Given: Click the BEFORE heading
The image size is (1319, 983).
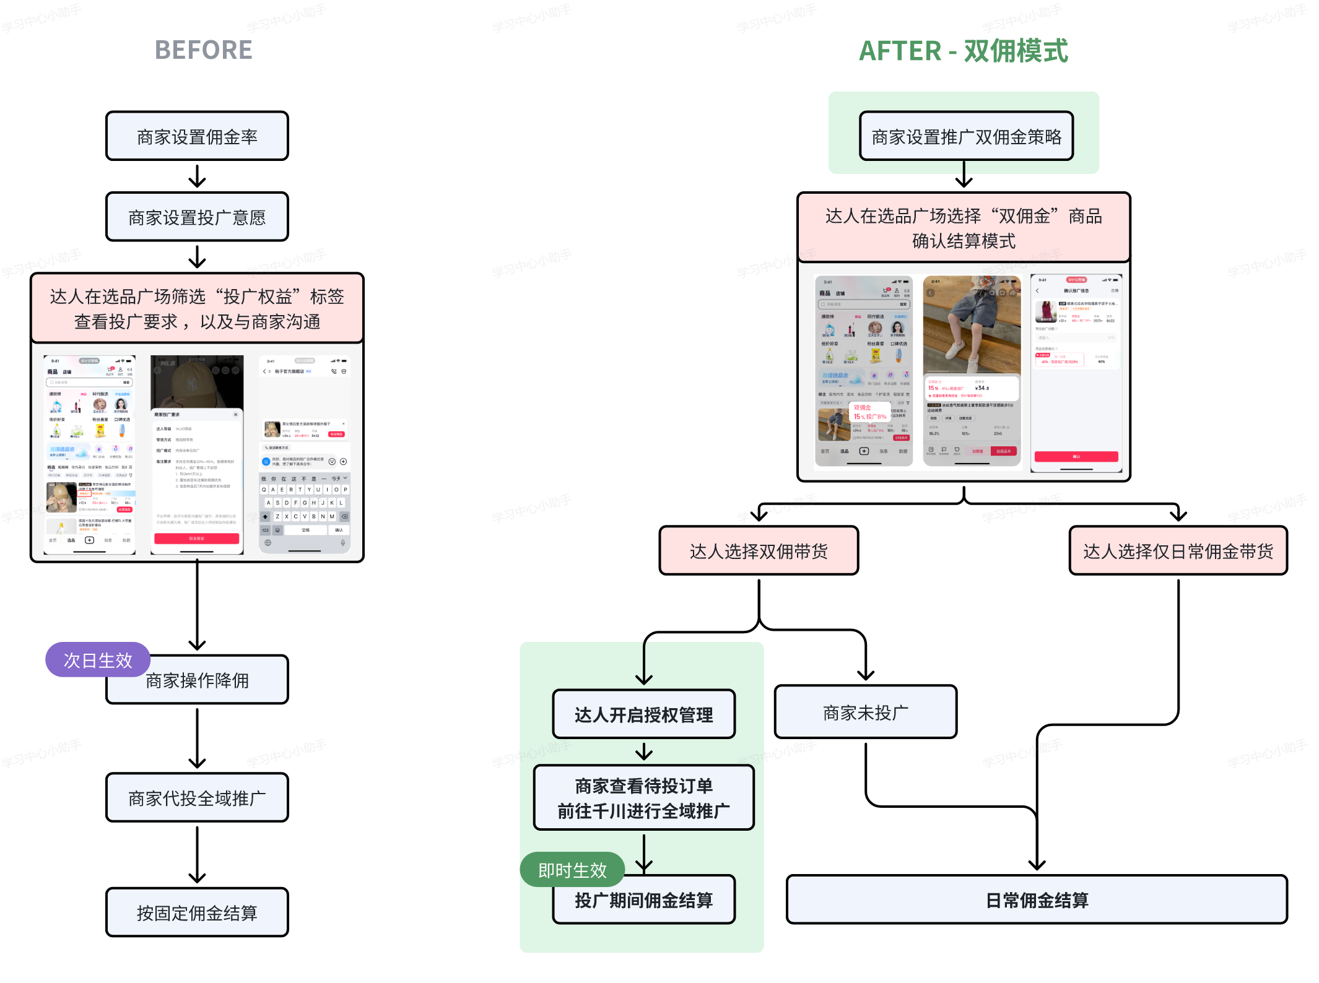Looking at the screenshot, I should (x=203, y=50).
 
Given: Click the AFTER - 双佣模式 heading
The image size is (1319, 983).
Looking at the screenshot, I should (x=963, y=51).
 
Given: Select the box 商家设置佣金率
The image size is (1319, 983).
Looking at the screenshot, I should (x=197, y=136).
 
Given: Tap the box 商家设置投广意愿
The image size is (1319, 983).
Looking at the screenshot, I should (x=197, y=217).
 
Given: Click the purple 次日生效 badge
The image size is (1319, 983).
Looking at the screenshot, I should (x=98, y=660).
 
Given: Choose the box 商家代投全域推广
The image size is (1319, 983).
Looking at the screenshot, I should (x=197, y=798).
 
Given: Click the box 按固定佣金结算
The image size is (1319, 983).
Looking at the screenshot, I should (x=197, y=912).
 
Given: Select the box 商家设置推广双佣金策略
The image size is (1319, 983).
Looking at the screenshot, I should (x=966, y=136).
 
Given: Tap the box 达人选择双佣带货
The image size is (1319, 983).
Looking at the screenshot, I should (x=759, y=551).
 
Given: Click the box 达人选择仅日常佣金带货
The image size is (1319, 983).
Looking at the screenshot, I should (x=1178, y=551).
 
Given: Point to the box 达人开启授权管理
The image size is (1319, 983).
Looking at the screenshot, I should (x=643, y=714).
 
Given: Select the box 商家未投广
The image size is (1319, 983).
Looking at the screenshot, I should (x=865, y=712).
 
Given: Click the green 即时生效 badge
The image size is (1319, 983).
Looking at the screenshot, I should (x=572, y=870).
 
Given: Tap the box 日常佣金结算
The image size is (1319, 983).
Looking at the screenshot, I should (x=1037, y=900).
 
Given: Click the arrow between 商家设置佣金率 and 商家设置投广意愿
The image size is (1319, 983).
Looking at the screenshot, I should (x=197, y=176).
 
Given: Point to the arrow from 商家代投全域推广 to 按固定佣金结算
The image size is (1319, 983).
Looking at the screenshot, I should (x=197, y=854).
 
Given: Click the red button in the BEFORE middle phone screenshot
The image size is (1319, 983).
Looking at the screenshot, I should (x=196, y=539).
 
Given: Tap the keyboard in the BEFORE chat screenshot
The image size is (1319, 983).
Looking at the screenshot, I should (x=304, y=508).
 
